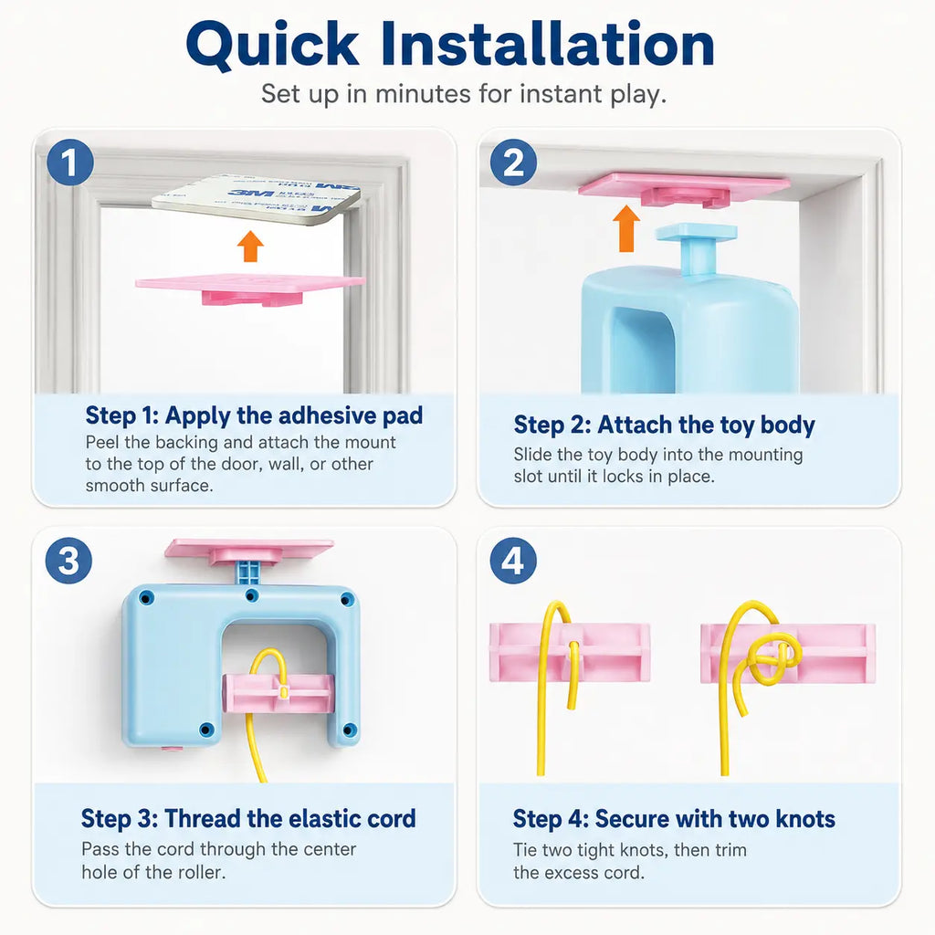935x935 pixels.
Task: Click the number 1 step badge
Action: pos(70,163)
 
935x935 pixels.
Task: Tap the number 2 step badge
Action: pos(513,163)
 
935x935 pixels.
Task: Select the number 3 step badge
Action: pos(68,561)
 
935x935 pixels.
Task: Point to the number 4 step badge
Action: pos(513,561)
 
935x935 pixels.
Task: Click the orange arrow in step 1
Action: pos(250,247)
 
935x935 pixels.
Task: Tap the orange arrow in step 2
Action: pos(626,228)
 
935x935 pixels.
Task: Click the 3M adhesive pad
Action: pos(257,199)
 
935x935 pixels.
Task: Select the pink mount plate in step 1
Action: pos(250,288)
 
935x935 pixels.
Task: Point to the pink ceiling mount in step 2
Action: pos(684,189)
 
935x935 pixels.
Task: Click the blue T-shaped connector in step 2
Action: pos(697,249)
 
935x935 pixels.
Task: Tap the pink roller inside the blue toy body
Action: pos(278,693)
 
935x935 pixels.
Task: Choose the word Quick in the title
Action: pos(272,45)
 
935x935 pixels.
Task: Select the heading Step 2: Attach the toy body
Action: pos(665,425)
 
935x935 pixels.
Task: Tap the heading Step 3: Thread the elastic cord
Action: pos(248,818)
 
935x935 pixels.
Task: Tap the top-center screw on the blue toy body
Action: pos(252,595)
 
